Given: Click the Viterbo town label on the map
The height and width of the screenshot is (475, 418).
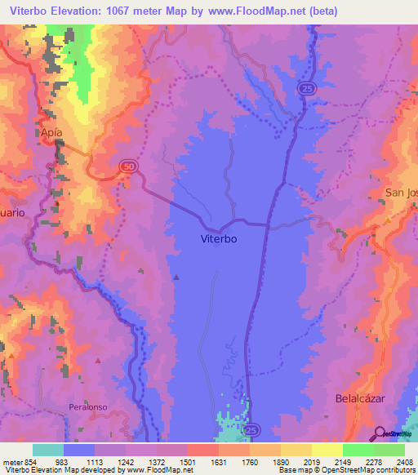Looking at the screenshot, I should (x=219, y=240).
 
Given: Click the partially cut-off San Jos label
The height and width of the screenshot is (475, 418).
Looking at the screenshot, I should (x=401, y=193).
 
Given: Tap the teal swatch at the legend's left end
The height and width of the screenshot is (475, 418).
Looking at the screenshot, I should (x=48, y=450).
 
